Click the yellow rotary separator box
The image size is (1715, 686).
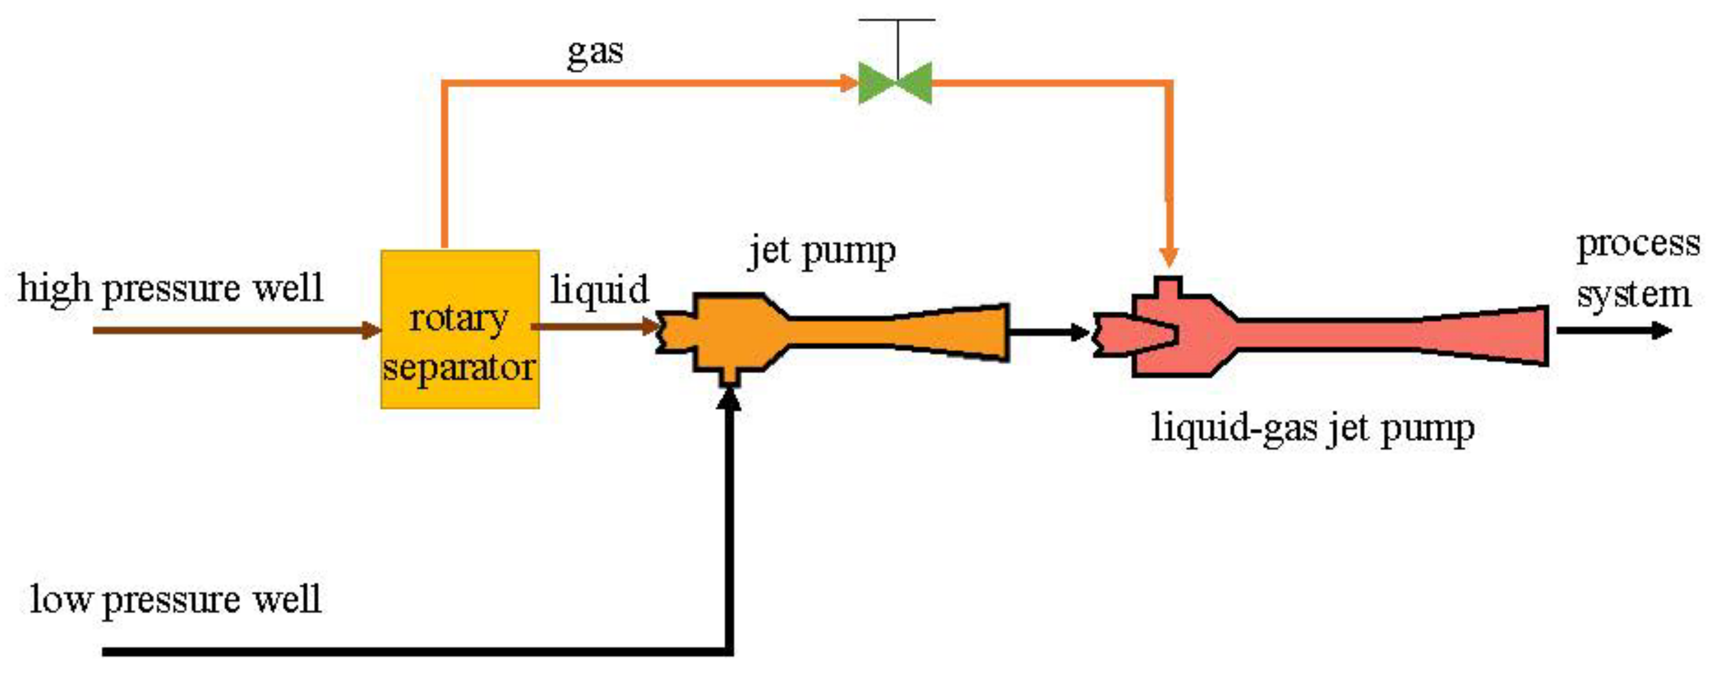(459, 329)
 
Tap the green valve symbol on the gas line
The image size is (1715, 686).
(895, 83)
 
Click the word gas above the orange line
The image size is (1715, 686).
(594, 52)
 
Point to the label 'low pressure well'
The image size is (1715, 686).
(176, 599)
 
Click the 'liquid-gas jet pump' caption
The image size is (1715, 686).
(1313, 428)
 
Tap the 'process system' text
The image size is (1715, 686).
(1636, 270)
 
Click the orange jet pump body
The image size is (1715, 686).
(732, 331)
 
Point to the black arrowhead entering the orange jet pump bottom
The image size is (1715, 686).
(730, 400)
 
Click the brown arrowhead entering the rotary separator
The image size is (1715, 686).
(372, 330)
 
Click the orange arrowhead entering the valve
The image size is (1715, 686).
(848, 83)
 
